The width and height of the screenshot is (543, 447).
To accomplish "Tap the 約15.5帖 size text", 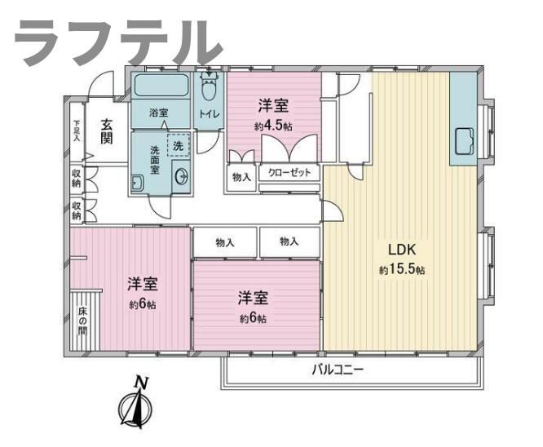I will (x=400, y=269).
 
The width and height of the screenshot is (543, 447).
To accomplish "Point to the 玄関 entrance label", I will (x=107, y=131).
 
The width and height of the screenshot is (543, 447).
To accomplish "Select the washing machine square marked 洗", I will (x=178, y=145).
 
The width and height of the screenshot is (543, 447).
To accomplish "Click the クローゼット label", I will (x=289, y=173).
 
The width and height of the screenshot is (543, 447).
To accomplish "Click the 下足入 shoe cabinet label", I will (x=77, y=131).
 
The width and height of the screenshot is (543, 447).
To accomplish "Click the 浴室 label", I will (x=158, y=113).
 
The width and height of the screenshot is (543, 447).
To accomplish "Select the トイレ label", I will (x=210, y=114).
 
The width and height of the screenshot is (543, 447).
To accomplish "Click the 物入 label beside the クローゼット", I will (x=241, y=177).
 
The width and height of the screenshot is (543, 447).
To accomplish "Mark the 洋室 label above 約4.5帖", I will (x=274, y=105).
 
